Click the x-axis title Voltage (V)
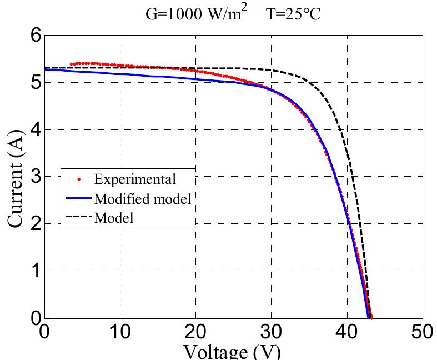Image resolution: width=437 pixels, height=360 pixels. click(232, 352)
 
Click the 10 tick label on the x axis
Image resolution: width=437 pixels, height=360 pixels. click(120, 332)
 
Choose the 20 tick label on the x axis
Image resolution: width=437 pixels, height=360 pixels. click(195, 332)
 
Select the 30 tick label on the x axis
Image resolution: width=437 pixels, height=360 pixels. click(271, 332)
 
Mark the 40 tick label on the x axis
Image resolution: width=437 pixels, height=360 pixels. click(346, 332)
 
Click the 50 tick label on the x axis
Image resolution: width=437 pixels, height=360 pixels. click(422, 332)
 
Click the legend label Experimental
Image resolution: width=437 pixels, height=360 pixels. click(135, 179)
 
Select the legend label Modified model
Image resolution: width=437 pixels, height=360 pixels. click(143, 199)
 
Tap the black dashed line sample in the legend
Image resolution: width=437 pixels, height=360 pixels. click(78, 218)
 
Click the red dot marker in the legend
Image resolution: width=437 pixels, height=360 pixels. click(78, 179)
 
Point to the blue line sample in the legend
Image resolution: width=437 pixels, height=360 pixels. click(78, 199)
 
